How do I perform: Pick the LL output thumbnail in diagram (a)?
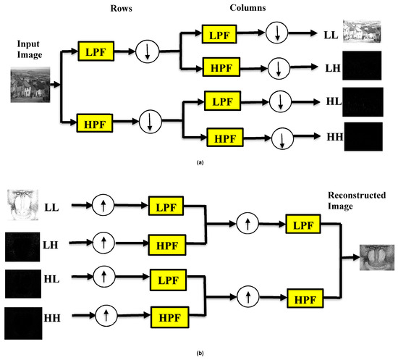[361, 34]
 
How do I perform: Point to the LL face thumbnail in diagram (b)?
[20, 206]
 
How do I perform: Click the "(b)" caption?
[198, 353]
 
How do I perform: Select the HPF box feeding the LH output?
[223, 68]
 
